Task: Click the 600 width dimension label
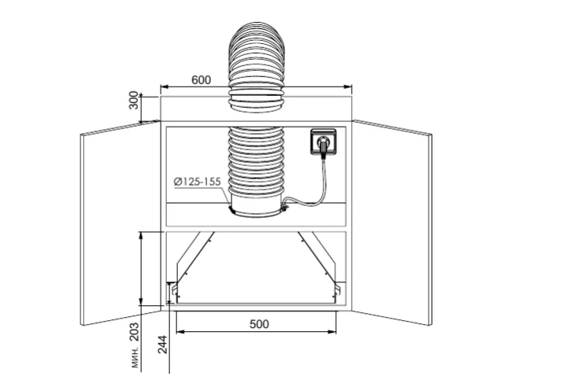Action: [x=202, y=79]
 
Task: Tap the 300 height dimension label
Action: [x=134, y=100]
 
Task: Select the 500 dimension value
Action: [x=259, y=324]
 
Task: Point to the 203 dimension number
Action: [x=135, y=332]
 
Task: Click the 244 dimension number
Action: [x=162, y=345]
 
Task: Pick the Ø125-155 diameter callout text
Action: [x=198, y=182]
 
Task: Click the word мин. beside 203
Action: [x=135, y=357]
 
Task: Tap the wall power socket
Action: [x=323, y=142]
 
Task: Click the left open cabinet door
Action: [x=120, y=223]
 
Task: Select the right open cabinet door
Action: [x=392, y=222]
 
